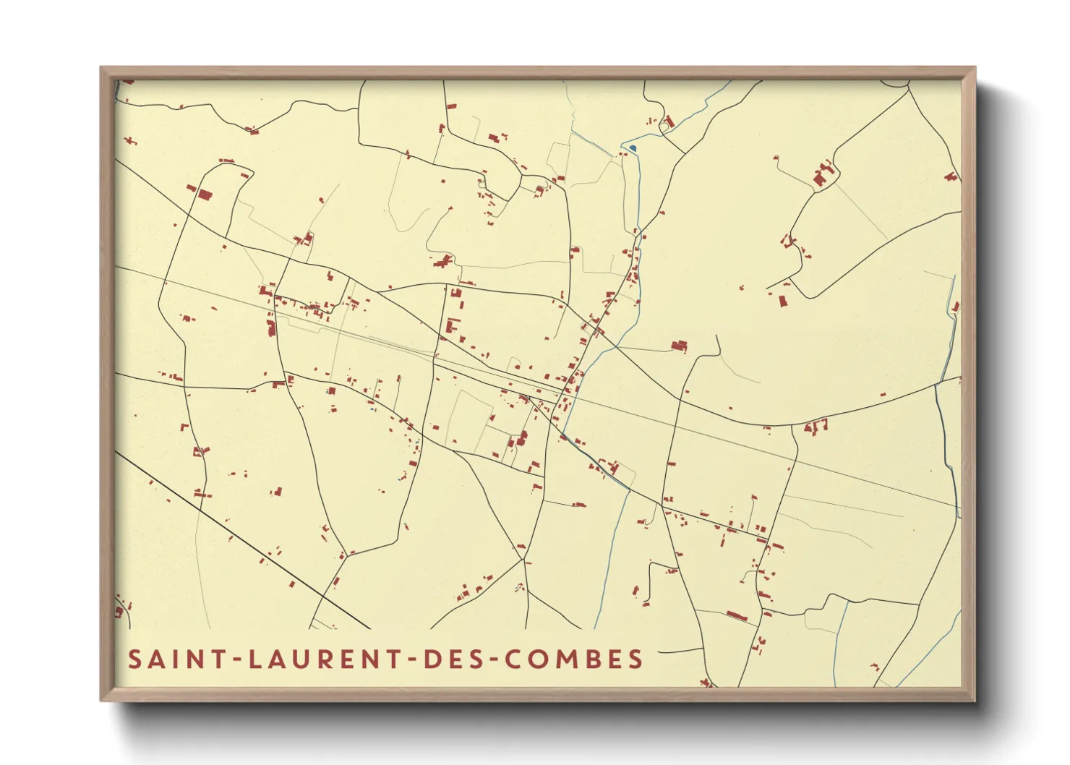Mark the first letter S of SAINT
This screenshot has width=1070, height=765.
[134, 659]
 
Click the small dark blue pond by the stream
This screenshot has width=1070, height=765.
[633, 148]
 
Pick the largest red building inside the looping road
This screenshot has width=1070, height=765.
[205, 195]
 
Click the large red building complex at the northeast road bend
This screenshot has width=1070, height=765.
[821, 176]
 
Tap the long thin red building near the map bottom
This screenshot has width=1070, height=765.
[736, 616]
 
